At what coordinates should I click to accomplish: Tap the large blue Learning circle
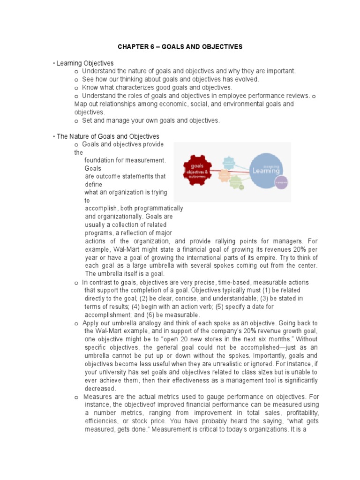(x=266, y=171)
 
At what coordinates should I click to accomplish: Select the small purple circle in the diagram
(x=281, y=182)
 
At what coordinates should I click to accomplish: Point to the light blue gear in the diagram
(x=228, y=163)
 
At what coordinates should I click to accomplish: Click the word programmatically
(x=157, y=209)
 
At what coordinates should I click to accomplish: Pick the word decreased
(x=100, y=388)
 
